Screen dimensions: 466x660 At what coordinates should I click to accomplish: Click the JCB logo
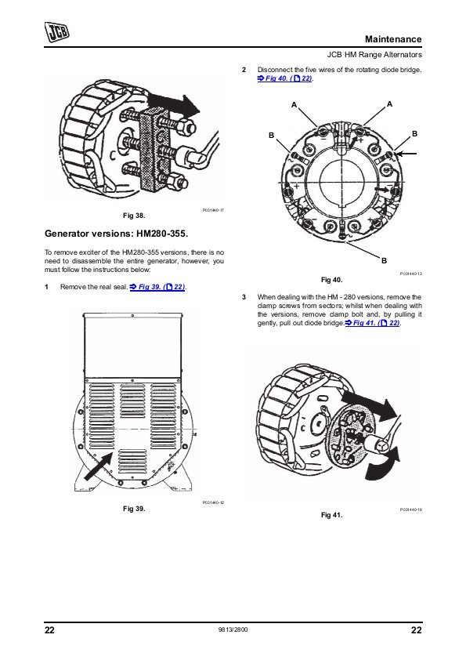click(57, 32)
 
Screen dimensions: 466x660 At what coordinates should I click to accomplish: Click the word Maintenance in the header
click(393, 39)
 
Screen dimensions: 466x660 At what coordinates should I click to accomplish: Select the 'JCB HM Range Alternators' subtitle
click(374, 55)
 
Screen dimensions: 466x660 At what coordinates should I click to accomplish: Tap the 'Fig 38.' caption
click(134, 216)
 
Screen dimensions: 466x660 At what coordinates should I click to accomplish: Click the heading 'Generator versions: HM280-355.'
click(116, 234)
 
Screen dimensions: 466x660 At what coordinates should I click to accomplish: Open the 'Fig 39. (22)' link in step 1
click(157, 287)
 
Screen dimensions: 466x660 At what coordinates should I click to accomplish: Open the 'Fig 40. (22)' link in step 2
click(285, 78)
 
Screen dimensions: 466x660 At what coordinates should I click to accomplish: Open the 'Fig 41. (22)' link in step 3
click(373, 323)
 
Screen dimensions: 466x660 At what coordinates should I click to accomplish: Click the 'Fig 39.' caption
click(134, 509)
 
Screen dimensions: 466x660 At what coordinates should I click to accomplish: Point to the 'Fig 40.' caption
click(332, 280)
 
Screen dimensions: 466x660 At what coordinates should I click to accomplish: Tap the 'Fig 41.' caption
click(332, 515)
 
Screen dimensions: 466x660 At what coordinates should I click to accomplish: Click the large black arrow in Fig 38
click(173, 104)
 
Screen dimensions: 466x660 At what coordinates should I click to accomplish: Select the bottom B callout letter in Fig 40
click(384, 261)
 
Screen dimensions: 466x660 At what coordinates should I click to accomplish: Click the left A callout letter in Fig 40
click(294, 105)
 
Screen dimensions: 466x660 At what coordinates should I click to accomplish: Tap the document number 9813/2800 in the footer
click(233, 630)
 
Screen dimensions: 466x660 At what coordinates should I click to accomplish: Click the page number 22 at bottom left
click(49, 630)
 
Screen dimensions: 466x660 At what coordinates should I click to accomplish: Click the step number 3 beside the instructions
click(244, 297)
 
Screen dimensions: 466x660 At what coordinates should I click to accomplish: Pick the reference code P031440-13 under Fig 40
click(410, 274)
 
